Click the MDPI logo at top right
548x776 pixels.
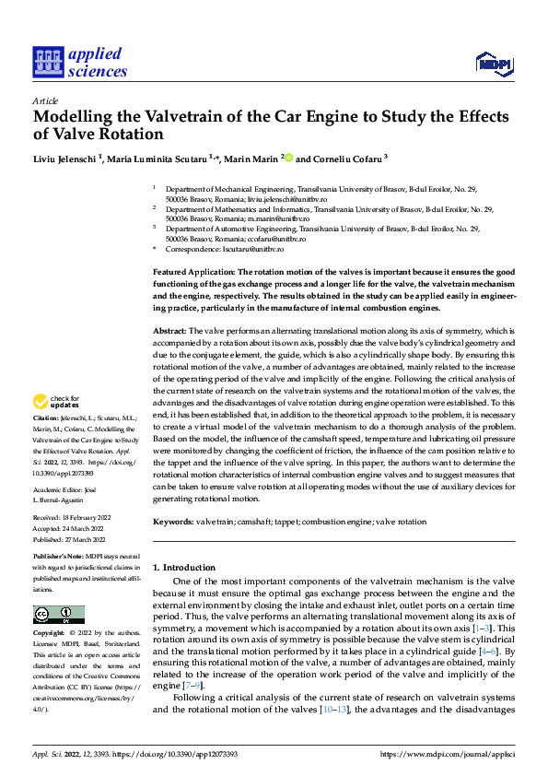492,62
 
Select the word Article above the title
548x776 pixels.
45,100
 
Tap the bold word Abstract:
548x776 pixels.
170,330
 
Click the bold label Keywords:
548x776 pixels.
173,522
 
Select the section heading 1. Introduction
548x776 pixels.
183,568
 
